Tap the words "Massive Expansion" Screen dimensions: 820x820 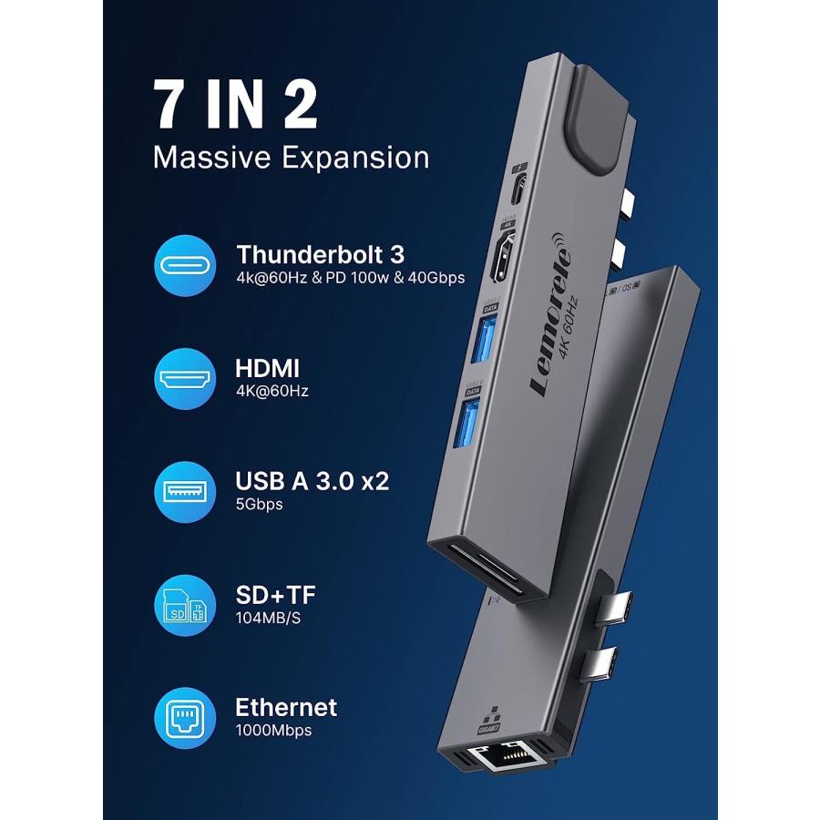pyautogui.click(x=291, y=157)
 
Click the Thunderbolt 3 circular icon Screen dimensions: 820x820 pyautogui.click(x=185, y=265)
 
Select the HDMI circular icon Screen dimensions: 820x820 pyautogui.click(x=185, y=378)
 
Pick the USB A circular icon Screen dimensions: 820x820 pyautogui.click(x=185, y=491)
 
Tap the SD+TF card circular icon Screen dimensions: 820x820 pyautogui.click(x=185, y=605)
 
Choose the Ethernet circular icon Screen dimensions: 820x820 pyautogui.click(x=185, y=717)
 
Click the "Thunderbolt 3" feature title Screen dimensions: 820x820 pyautogui.click(x=320, y=253)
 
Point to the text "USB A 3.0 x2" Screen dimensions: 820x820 pyautogui.click(x=312, y=480)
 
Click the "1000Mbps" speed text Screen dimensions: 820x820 pyautogui.click(x=273, y=731)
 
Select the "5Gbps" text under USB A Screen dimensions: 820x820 pyautogui.click(x=259, y=504)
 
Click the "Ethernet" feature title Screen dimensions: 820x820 pyautogui.click(x=285, y=707)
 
